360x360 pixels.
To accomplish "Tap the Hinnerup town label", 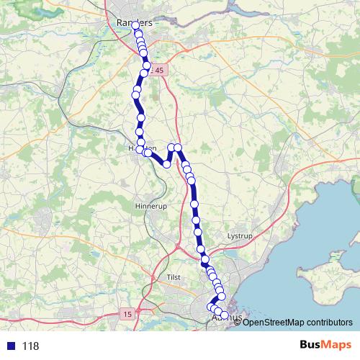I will pos(149,207).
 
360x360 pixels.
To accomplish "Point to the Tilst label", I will pos(174,277).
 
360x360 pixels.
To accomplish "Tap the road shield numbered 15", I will pos(127,314).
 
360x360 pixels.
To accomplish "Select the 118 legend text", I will pos(30,346).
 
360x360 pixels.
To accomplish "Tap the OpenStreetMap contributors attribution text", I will pos(297,322).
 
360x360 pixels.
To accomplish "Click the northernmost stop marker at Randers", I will pos(135,25).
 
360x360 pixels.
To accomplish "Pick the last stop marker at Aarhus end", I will pos(224,315).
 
